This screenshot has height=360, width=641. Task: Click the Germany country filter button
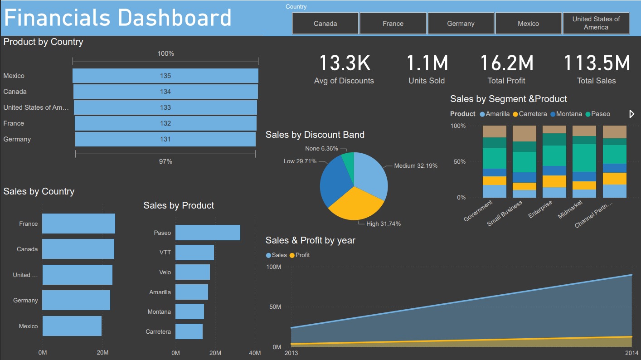click(461, 24)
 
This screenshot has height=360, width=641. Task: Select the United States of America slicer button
click(596, 23)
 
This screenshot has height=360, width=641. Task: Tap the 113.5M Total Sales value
click(596, 63)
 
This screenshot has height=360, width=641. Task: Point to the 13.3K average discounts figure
click(345, 63)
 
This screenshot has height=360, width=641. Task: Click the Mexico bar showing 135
click(165, 76)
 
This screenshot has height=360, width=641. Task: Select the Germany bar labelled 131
click(165, 139)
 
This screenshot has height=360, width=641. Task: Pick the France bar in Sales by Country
click(78, 224)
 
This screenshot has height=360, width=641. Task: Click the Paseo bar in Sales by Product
click(208, 233)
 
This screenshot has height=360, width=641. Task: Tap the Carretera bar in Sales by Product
click(189, 331)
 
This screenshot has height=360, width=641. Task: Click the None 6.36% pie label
click(321, 148)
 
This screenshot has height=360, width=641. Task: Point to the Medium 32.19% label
click(416, 166)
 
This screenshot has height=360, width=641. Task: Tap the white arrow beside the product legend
click(632, 114)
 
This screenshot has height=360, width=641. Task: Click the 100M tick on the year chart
click(274, 267)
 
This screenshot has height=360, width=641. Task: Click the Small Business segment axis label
click(505, 214)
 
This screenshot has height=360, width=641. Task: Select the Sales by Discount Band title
click(315, 135)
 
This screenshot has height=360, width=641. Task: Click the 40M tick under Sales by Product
click(255, 353)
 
